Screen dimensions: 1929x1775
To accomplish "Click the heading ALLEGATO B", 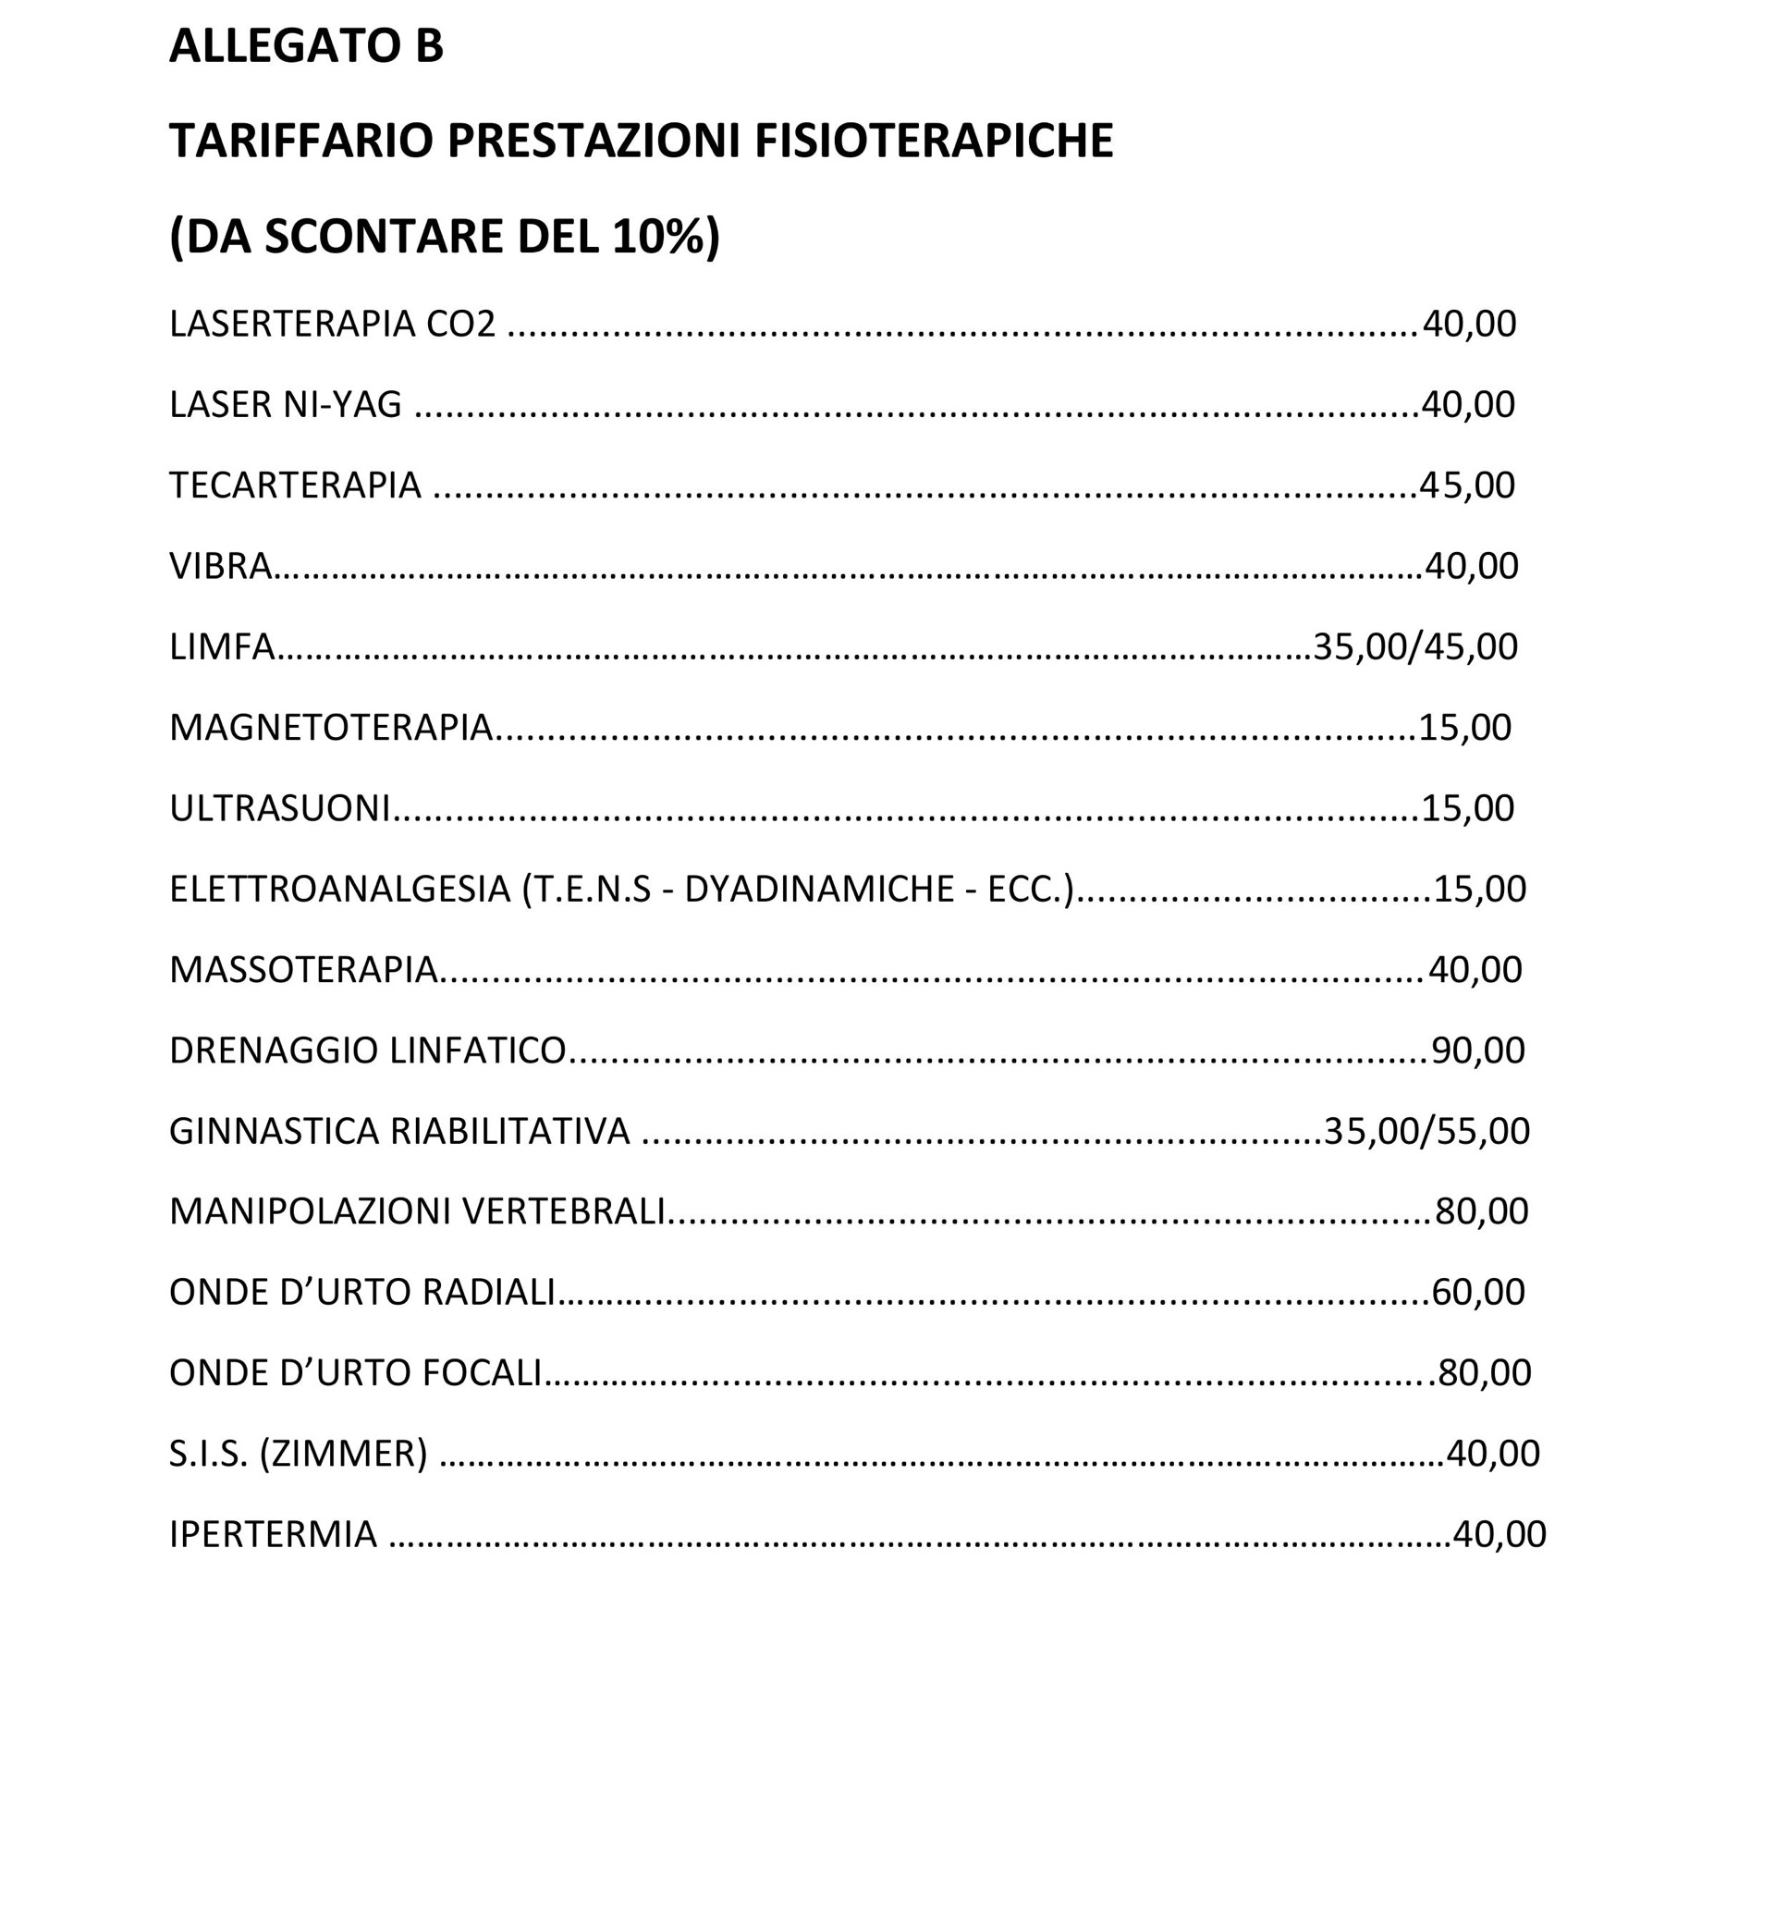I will (x=305, y=46).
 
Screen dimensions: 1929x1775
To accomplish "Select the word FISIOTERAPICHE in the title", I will (x=933, y=141).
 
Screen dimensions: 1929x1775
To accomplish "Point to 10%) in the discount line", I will (x=665, y=237).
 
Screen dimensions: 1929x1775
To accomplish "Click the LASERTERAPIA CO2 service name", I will (x=332, y=325).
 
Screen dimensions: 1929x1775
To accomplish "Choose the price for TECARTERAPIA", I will (x=1466, y=486).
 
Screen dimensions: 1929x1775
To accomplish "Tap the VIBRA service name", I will (x=220, y=567).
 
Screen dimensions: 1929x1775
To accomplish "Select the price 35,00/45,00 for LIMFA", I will (x=1414, y=647).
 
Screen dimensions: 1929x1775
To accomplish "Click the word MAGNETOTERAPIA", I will (x=330, y=728).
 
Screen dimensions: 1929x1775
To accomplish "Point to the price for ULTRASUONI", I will (x=1466, y=809).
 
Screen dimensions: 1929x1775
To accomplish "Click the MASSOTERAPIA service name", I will (x=303, y=970).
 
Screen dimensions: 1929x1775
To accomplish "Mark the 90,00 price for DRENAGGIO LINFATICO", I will (x=1477, y=1051).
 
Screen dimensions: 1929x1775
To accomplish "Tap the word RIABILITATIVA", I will (x=509, y=1132).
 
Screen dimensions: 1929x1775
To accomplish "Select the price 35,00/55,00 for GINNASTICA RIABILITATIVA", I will (x=1426, y=1132).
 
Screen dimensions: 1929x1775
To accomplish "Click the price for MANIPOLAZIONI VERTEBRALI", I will (x=1481, y=1212).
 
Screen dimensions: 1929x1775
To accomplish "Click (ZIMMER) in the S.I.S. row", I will (x=343, y=1455).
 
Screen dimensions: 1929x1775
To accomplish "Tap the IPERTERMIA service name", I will (x=273, y=1535).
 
